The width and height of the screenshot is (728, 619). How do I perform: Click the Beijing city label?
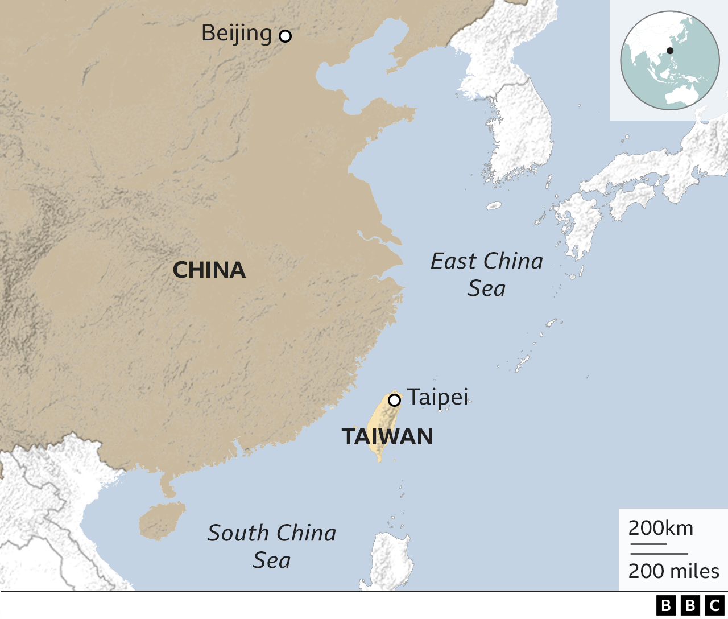click(237, 34)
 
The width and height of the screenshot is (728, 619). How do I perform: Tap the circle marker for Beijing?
click(285, 36)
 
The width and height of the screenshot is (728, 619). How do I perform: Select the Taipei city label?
click(437, 397)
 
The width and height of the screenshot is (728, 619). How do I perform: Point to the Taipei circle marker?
click(394, 400)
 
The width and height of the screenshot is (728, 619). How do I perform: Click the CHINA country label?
click(209, 270)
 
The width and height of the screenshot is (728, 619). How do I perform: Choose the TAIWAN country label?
click(387, 437)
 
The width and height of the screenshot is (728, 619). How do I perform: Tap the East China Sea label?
click(487, 274)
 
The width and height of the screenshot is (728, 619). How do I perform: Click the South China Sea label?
click(272, 546)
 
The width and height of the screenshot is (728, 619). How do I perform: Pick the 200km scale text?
click(661, 528)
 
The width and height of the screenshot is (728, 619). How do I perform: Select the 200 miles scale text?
click(674, 571)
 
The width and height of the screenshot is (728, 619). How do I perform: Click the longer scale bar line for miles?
click(659, 554)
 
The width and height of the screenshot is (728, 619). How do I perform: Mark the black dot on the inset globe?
click(670, 51)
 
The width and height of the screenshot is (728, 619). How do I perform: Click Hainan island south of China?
click(162, 520)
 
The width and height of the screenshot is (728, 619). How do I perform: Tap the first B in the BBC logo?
click(665, 605)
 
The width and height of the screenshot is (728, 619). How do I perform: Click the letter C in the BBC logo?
click(715, 605)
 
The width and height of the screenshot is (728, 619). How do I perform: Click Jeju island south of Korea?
click(494, 205)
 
